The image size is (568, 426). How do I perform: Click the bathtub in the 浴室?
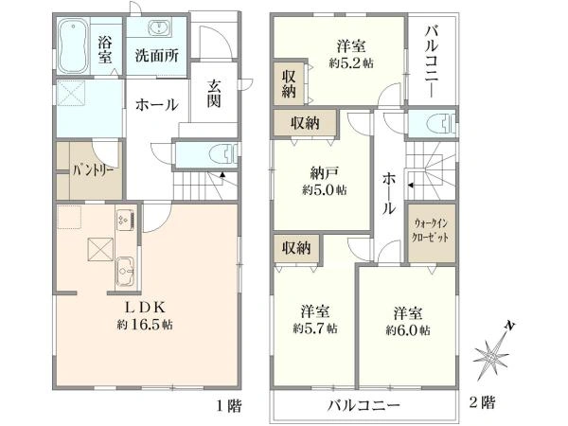click(x=74, y=45)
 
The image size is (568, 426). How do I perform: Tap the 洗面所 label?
click(x=156, y=56)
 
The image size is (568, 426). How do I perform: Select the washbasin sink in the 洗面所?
click(x=157, y=27)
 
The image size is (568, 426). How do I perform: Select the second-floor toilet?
click(x=436, y=125)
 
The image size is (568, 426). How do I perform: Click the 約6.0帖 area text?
click(x=408, y=329)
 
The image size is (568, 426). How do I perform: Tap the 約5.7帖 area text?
click(x=314, y=329)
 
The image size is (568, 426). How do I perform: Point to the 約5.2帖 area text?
click(x=350, y=61)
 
